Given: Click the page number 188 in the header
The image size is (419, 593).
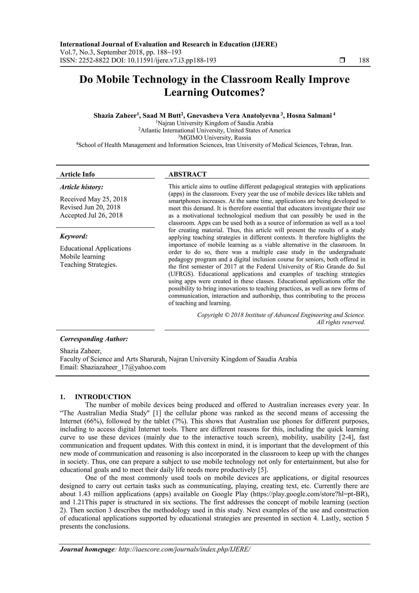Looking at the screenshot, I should tap(364, 60).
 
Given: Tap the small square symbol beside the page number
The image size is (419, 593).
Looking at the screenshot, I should tap(342, 60).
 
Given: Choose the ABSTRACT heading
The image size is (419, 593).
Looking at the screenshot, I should tap(187, 174).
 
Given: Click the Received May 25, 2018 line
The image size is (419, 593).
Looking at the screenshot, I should tap(93, 199).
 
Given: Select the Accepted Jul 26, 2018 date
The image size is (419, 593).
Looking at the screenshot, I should tap(91, 215).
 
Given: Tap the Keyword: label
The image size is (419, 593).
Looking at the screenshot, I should tap(74, 236).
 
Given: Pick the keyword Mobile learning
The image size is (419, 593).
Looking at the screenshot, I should tap(82, 256).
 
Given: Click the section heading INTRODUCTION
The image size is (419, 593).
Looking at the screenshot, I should tap(103, 397).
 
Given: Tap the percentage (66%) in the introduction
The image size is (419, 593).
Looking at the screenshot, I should tap(94, 421).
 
